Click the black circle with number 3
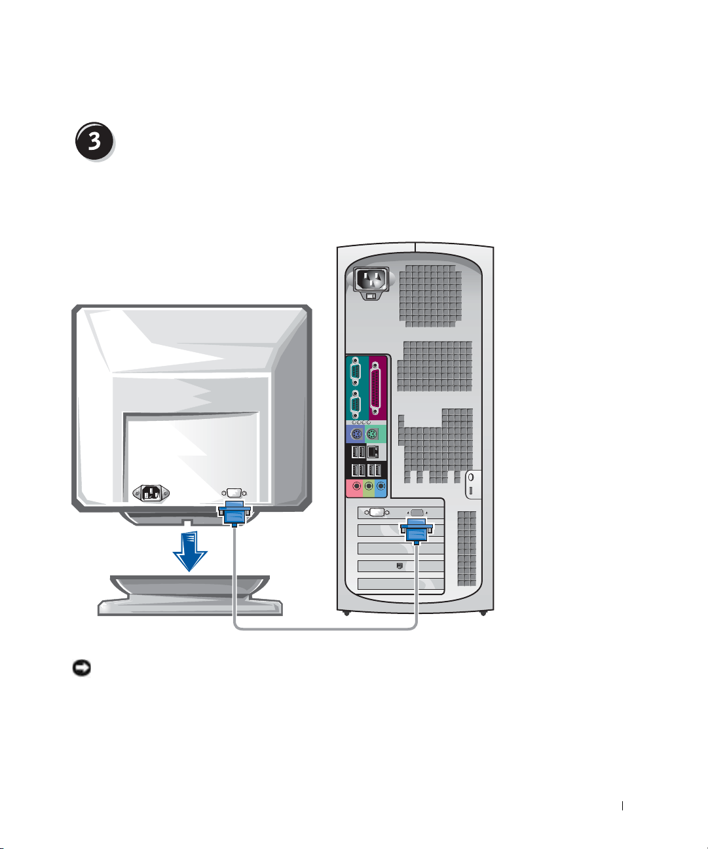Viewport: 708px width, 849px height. click(x=94, y=142)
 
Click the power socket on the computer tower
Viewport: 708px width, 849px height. click(x=371, y=280)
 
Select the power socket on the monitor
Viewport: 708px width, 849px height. click(x=151, y=493)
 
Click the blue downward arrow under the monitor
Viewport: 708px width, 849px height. click(x=190, y=551)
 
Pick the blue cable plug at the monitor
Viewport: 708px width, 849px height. click(x=233, y=513)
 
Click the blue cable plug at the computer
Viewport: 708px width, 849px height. click(x=416, y=530)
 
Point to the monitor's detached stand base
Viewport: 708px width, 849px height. click(x=190, y=596)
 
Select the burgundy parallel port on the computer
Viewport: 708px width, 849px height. click(x=375, y=388)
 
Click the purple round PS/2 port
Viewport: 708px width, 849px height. click(x=356, y=435)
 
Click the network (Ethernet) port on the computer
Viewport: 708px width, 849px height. click(x=373, y=452)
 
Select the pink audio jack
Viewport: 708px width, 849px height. click(x=356, y=487)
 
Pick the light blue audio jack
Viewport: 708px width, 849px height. click(x=381, y=487)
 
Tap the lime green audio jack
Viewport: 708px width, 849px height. click(x=369, y=487)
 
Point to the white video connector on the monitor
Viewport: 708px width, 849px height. click(x=233, y=492)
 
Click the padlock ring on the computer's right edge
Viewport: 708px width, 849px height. click(x=472, y=478)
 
